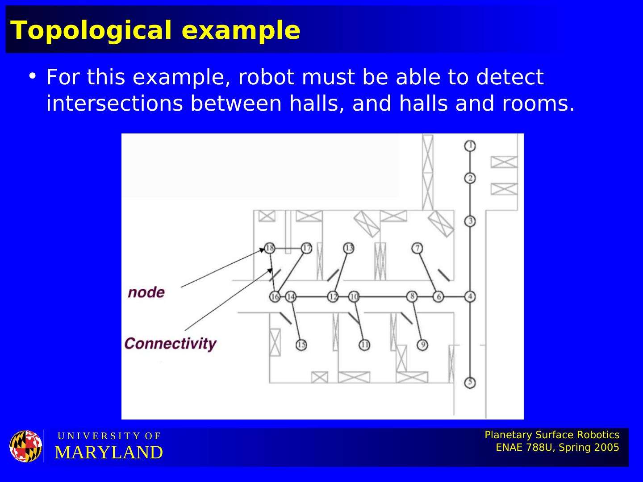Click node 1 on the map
[x=470, y=145]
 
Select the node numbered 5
[x=470, y=382]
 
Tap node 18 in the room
[x=269, y=248]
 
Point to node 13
[x=349, y=248]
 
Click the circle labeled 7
[x=417, y=248]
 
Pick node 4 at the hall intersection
[x=470, y=296]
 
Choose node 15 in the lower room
[x=301, y=345]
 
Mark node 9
[x=422, y=345]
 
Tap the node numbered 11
[x=364, y=345]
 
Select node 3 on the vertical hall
[x=470, y=221]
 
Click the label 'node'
[x=146, y=292]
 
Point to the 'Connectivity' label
[x=170, y=344]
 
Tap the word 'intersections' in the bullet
[x=114, y=104]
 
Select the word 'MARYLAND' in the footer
[x=109, y=453]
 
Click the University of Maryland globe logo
[x=26, y=446]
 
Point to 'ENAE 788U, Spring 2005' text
[x=557, y=448]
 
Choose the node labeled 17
[x=306, y=248]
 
